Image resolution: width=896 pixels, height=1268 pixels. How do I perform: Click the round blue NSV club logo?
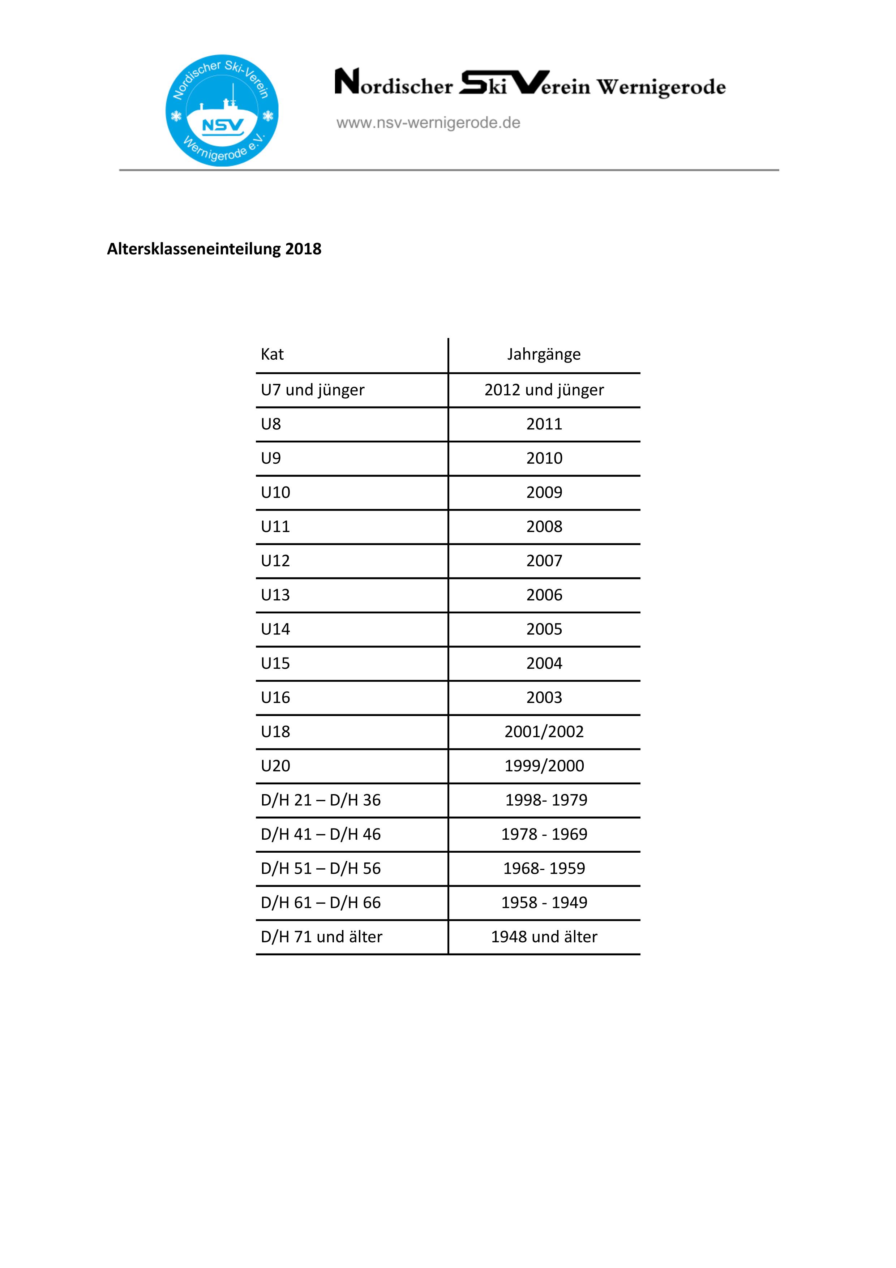point(222,111)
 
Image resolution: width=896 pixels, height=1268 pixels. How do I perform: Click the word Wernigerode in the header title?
point(661,87)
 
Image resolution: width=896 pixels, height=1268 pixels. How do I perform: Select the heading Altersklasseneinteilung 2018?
point(214,249)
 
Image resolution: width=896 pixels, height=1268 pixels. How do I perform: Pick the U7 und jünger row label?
point(313,390)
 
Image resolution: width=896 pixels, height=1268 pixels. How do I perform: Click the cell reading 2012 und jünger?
point(544,390)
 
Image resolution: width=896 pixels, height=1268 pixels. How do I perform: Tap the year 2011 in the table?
point(544,424)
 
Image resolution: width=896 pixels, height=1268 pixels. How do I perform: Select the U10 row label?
point(275,493)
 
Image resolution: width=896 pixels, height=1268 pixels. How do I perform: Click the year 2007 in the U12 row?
point(544,561)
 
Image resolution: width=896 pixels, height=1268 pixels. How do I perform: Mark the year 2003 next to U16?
point(544,698)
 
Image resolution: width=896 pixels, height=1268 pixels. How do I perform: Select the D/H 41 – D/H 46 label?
point(321,835)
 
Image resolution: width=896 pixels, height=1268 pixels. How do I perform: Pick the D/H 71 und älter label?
point(321,937)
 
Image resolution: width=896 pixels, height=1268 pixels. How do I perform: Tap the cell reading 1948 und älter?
point(544,937)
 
